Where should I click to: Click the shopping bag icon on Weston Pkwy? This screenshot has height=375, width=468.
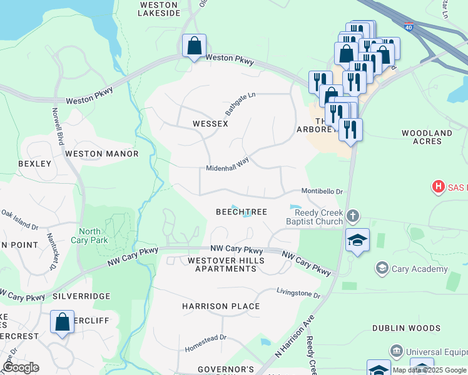(x=195, y=46)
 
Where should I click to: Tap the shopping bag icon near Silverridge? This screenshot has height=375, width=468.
(x=62, y=322)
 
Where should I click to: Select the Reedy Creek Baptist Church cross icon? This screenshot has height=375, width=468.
(x=353, y=217)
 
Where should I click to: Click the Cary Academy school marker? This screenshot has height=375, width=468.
(x=382, y=269)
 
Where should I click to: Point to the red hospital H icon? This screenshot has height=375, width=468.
(x=439, y=186)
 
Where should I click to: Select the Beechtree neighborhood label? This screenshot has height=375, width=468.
(x=242, y=212)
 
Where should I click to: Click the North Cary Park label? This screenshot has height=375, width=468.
(x=94, y=236)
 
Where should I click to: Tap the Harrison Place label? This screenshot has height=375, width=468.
(x=221, y=306)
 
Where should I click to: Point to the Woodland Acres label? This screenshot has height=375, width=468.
(x=427, y=137)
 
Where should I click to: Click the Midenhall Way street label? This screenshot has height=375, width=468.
(x=228, y=164)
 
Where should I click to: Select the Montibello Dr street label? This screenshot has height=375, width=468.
(x=322, y=191)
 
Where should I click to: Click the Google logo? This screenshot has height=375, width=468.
(x=21, y=367)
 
